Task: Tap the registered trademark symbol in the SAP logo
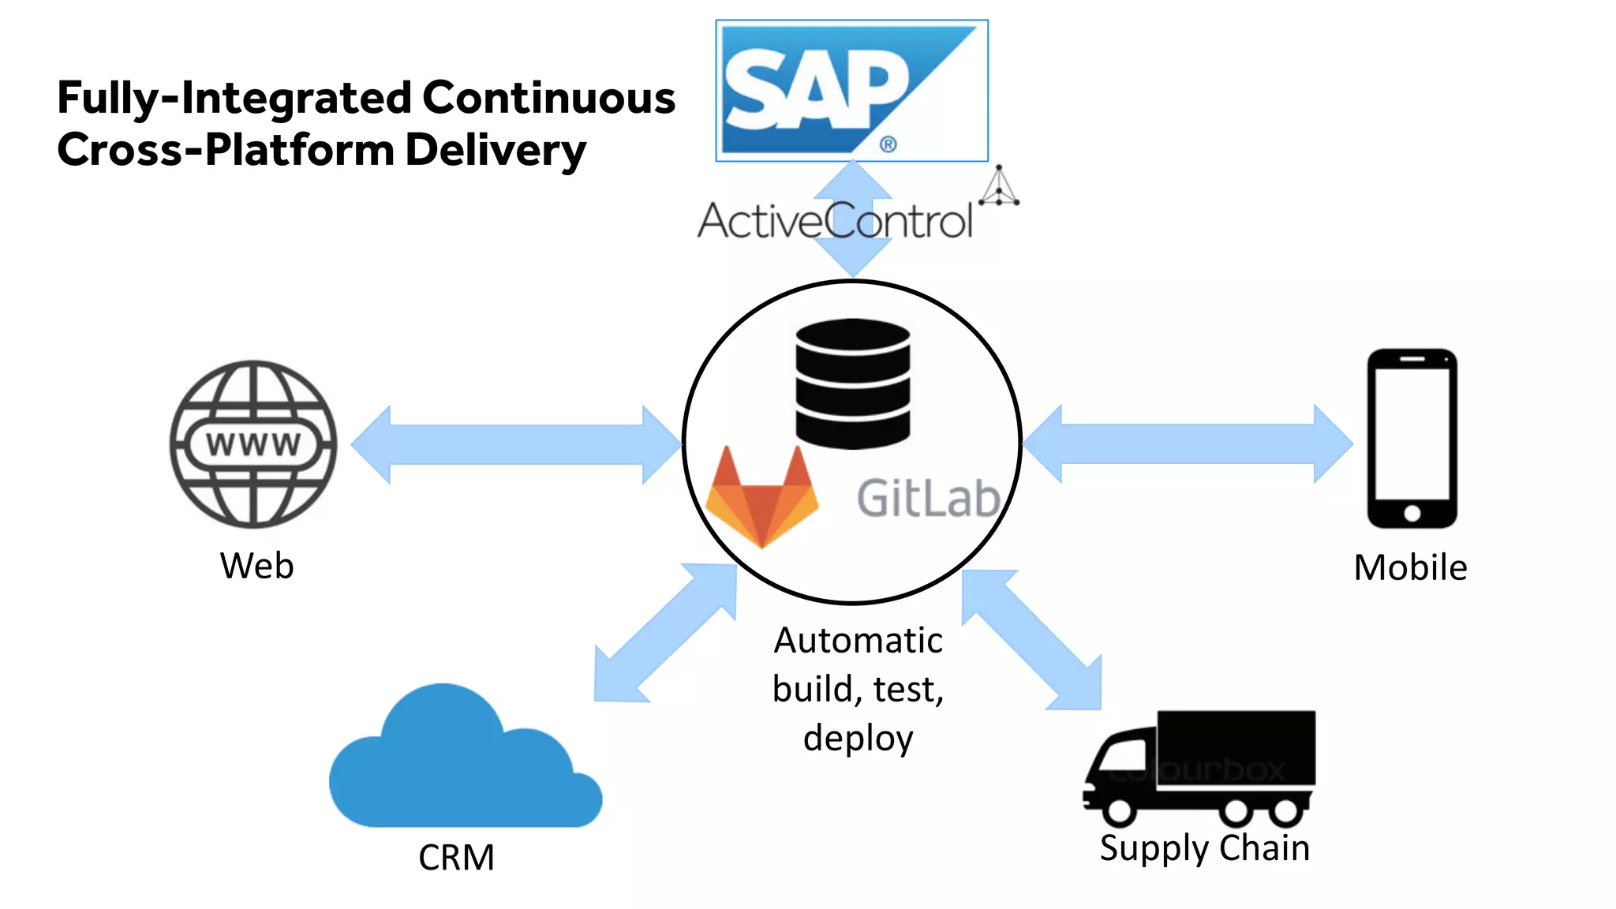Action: click(888, 144)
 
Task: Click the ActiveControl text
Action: click(835, 220)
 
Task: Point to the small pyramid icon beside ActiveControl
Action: click(999, 187)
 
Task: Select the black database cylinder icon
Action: click(852, 383)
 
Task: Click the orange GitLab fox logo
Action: click(761, 498)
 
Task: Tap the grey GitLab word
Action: click(928, 499)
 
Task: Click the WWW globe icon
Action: click(253, 444)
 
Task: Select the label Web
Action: click(256, 566)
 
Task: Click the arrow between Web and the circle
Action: click(516, 444)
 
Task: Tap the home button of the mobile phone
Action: click(1412, 514)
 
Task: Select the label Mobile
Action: click(1410, 567)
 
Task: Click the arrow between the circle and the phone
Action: click(1188, 443)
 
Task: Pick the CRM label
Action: click(456, 857)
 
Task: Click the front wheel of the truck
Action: click(1120, 810)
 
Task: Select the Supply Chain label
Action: click(1204, 848)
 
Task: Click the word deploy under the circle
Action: click(858, 738)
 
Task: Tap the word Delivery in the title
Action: click(495, 149)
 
